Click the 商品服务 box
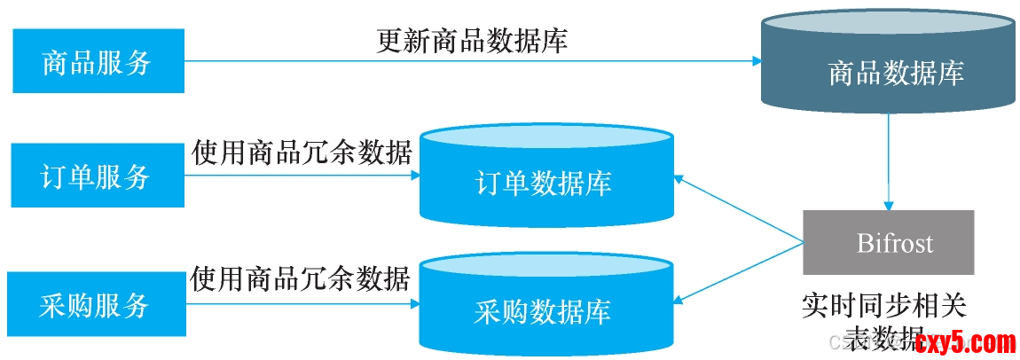click(x=98, y=61)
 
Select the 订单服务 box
click(x=98, y=176)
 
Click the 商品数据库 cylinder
click(x=889, y=71)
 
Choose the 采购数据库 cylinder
click(x=546, y=310)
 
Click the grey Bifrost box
click(x=888, y=242)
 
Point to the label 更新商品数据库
click(x=473, y=41)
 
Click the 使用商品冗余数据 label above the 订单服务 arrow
click(x=302, y=153)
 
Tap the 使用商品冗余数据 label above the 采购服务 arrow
click(x=302, y=278)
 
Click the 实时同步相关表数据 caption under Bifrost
click(x=883, y=319)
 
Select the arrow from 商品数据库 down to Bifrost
click(x=889, y=164)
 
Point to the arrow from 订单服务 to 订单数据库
click(x=302, y=176)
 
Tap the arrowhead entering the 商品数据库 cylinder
click(x=757, y=61)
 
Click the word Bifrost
click(x=894, y=242)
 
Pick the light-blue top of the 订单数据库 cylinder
click(x=546, y=140)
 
